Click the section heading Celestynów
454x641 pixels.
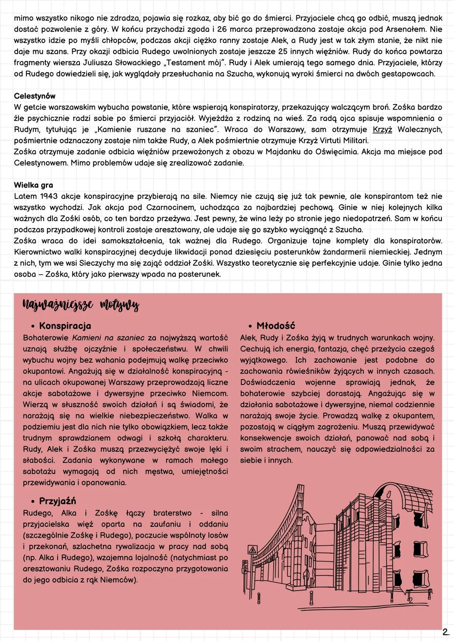[34, 97]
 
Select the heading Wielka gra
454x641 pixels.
[33, 185]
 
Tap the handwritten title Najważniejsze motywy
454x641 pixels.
[80, 306]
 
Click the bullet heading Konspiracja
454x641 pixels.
[65, 326]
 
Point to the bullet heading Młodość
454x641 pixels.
[275, 326]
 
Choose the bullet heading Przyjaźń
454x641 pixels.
[57, 501]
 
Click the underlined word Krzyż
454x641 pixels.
[382, 130]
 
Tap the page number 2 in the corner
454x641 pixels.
[445, 631]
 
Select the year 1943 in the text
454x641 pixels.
[50, 196]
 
